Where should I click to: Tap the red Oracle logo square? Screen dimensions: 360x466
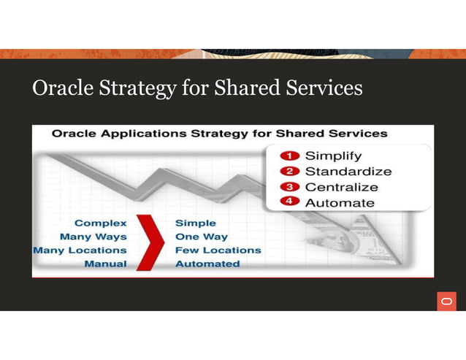447,301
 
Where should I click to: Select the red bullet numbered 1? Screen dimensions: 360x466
290,156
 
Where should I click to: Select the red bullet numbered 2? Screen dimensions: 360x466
290,172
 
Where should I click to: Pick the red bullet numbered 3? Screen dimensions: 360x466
290,187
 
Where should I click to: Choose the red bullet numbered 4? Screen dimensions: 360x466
290,202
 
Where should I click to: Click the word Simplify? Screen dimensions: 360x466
332,156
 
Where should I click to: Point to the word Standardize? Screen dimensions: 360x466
348,172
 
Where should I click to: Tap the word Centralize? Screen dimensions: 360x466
341,187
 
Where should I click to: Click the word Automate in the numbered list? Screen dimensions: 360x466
339,202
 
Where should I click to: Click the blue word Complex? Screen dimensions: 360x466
100,223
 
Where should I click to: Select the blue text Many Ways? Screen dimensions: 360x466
93,237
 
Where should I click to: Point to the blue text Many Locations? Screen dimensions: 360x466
80,250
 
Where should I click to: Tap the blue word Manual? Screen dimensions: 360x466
105,264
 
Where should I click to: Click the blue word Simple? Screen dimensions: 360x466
196,223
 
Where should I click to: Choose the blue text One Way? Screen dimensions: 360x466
202,237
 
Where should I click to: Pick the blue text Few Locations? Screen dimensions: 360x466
218,250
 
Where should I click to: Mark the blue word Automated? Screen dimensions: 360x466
207,264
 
